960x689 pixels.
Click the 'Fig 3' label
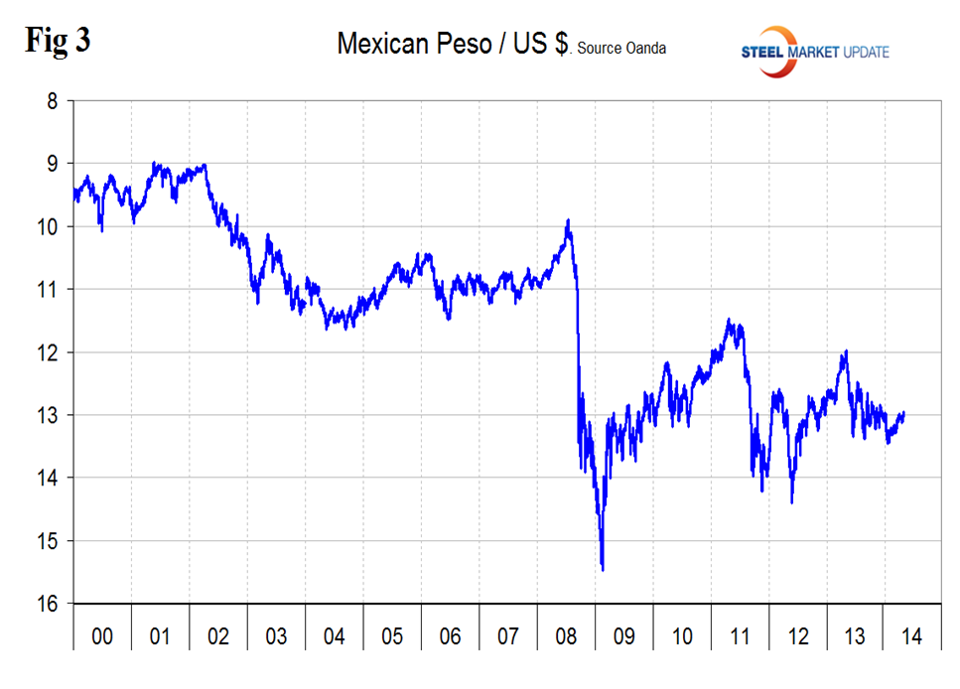coord(58,42)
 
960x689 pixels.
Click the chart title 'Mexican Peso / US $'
coord(453,44)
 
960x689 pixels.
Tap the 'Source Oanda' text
coord(621,48)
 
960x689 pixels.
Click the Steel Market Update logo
coord(814,52)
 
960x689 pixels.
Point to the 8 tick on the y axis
coord(52,101)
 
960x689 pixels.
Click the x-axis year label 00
coord(102,636)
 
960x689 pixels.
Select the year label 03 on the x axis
coord(276,636)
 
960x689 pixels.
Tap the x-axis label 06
coord(450,636)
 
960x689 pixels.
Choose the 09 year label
coord(623,636)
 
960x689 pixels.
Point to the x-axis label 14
coord(912,636)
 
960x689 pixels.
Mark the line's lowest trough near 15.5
coord(603,569)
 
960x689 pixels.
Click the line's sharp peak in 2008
coord(568,220)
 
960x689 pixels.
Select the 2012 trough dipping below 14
coord(791,501)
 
